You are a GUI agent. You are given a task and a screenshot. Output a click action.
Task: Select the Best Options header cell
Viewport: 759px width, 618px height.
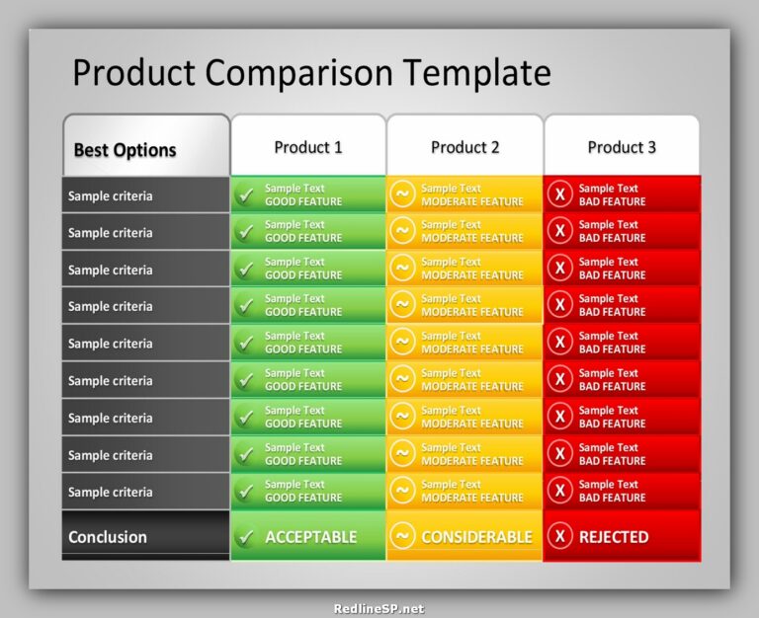[x=125, y=150]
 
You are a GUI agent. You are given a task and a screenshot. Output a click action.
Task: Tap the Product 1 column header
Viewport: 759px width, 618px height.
[x=308, y=147]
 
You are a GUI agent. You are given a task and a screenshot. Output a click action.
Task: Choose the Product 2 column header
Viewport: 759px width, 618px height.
[x=465, y=147]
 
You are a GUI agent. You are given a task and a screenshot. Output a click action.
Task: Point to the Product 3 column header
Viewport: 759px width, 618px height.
[x=622, y=147]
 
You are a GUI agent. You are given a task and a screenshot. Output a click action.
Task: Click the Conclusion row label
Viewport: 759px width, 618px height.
[x=108, y=537]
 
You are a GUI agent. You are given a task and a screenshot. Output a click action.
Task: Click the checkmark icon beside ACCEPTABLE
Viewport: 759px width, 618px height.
[x=245, y=538]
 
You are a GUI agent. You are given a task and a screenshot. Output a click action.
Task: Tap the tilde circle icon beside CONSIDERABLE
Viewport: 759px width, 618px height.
[x=402, y=536]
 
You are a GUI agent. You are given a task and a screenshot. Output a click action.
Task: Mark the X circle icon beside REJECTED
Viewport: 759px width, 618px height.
[x=560, y=536]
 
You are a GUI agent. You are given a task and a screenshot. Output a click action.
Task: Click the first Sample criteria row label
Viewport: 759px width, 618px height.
[x=111, y=195]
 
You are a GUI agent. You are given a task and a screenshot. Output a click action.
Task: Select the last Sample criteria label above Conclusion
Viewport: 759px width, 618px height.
[x=111, y=492]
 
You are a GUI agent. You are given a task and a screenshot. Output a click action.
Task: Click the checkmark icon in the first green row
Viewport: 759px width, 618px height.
[x=245, y=195]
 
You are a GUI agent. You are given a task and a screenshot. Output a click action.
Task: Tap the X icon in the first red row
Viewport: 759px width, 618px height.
[x=560, y=194]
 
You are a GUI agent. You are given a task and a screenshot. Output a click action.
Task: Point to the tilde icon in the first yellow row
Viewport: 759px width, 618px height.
[x=402, y=193]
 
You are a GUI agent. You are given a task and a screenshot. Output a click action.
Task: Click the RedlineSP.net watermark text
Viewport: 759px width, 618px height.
[x=379, y=608]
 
